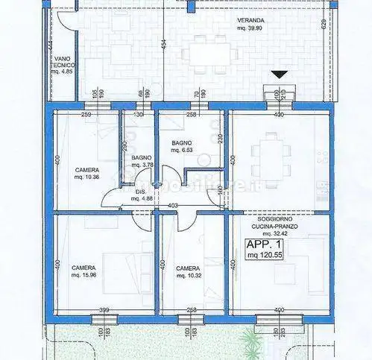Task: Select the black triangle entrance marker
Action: point(279,75)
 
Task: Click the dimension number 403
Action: point(173,206)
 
